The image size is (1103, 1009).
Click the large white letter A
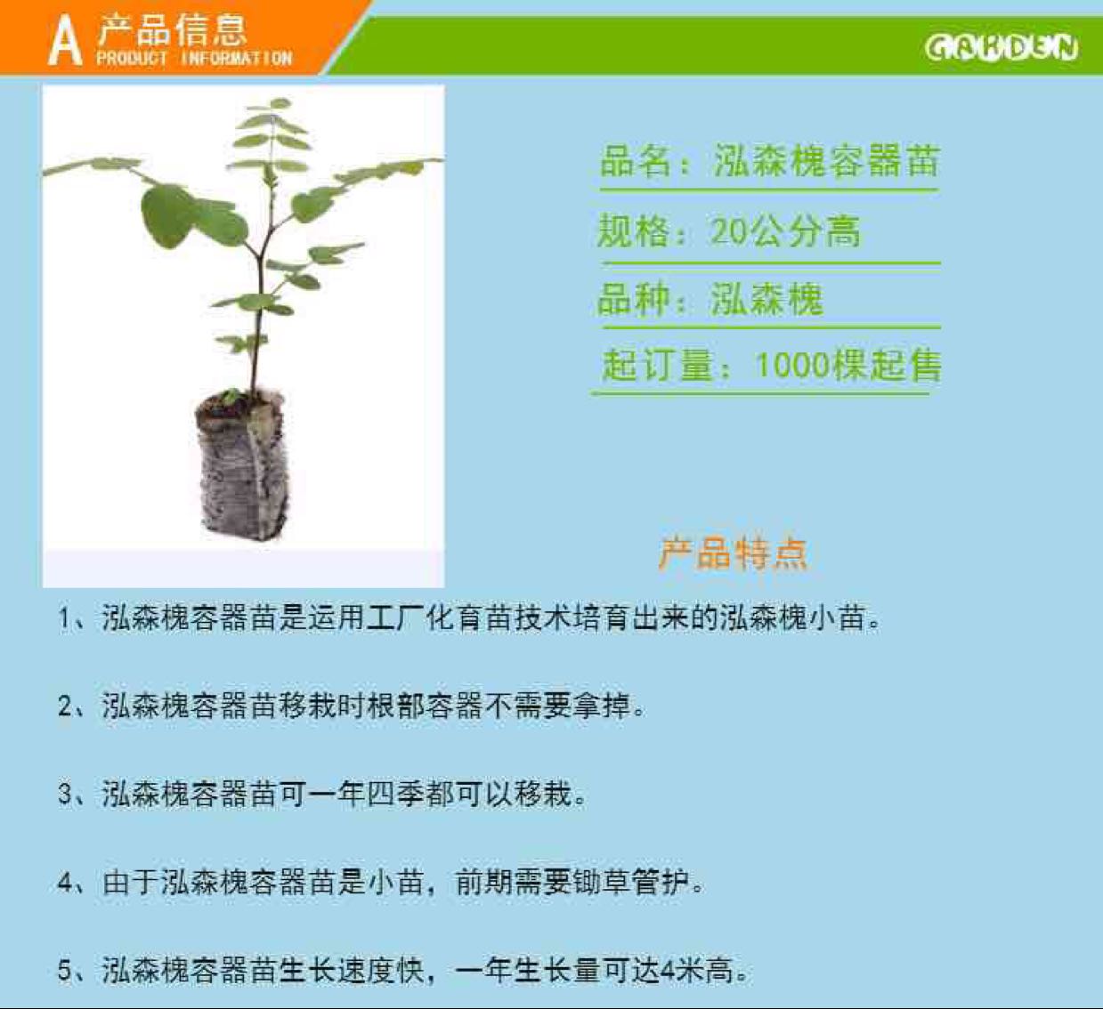[66, 41]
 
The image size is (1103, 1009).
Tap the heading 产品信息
[172, 30]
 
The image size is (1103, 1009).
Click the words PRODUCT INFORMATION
[194, 58]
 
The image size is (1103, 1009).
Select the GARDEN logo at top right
[1002, 47]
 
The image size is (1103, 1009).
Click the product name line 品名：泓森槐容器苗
[768, 162]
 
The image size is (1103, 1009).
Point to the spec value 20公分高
[785, 231]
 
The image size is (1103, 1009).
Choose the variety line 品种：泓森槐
[710, 299]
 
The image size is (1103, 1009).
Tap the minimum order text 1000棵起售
[848, 365]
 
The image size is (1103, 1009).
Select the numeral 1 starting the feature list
[64, 618]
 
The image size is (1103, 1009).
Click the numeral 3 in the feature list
[64, 795]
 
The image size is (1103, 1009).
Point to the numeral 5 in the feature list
[64, 971]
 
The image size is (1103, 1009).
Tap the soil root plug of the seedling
[241, 464]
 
